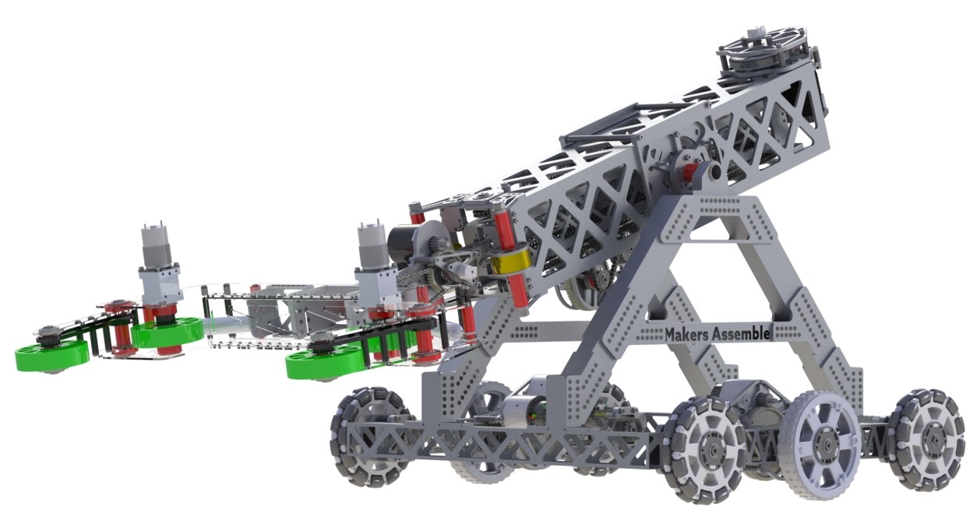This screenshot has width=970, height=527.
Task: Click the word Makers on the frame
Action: point(683,334)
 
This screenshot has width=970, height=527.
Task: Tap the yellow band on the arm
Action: point(515,262)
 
